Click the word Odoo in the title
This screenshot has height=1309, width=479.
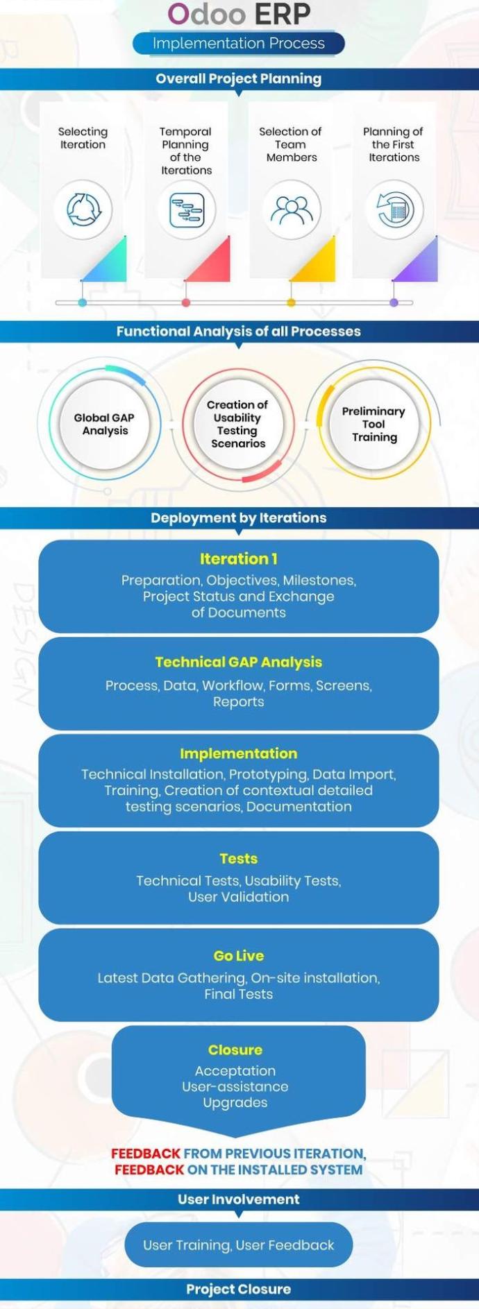(x=206, y=14)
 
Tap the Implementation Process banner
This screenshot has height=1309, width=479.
(x=239, y=43)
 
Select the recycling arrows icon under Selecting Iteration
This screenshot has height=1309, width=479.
(x=83, y=209)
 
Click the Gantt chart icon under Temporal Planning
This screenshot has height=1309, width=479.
(x=186, y=209)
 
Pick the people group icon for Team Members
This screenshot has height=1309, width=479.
(x=292, y=209)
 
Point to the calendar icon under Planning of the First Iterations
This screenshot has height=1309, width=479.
(x=394, y=209)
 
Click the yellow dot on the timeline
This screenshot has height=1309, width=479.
(x=291, y=302)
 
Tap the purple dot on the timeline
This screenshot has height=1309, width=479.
(x=394, y=302)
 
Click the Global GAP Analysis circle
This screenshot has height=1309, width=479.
(x=105, y=424)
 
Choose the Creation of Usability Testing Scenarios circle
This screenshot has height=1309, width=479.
(x=237, y=424)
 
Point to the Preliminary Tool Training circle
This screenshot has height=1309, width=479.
(x=373, y=424)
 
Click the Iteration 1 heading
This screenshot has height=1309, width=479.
(x=239, y=558)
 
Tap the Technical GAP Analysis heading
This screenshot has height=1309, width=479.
(x=239, y=662)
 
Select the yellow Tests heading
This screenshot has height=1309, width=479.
(x=239, y=858)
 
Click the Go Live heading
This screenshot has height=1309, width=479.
(x=239, y=955)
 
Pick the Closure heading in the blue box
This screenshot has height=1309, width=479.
(x=235, y=1050)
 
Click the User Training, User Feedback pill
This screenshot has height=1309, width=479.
(x=239, y=1244)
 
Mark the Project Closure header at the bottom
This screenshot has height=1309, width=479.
(x=239, y=1289)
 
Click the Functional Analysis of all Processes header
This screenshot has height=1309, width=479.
(x=239, y=331)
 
